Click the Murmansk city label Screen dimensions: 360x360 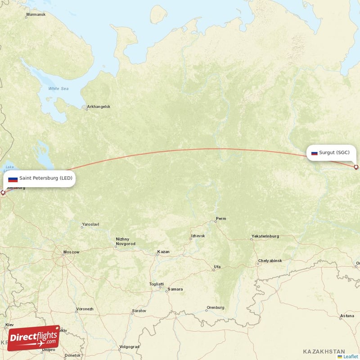(36, 15)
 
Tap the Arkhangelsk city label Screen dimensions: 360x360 (99, 107)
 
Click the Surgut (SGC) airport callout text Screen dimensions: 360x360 (334, 153)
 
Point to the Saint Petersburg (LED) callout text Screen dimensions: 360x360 (45, 178)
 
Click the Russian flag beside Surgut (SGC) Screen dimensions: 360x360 (314, 153)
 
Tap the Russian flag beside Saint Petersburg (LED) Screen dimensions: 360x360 (13, 179)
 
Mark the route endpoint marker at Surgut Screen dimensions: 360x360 (356, 167)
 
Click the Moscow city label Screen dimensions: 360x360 (71, 252)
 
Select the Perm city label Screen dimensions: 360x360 (221, 219)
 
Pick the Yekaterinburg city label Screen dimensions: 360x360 (265, 236)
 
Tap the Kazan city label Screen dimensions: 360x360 (163, 252)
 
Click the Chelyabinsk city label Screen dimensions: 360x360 (270, 261)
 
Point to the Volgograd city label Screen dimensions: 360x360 (130, 347)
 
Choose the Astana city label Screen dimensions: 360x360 (347, 316)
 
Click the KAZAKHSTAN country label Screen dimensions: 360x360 (324, 351)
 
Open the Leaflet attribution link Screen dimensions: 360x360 (350, 356)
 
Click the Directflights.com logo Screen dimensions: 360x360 (34, 338)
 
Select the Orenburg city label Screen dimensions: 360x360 (215, 308)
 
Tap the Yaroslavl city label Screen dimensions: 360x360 (90, 224)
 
